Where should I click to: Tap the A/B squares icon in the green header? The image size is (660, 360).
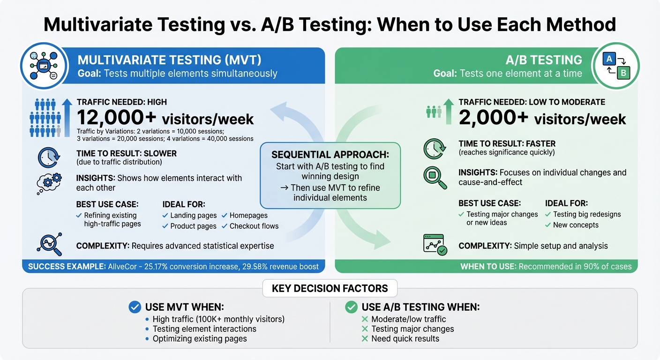coord(616,66)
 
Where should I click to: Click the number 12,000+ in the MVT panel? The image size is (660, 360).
coord(117,118)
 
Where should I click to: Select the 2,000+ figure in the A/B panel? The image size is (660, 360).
coord(494,118)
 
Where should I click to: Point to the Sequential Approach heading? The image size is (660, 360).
coord(330,155)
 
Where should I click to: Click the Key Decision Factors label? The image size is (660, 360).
coord(330,288)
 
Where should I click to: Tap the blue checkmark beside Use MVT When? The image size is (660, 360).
coord(135,307)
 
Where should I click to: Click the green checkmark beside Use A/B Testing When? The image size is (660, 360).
coord(351,307)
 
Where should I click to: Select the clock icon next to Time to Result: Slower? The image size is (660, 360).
coord(48,157)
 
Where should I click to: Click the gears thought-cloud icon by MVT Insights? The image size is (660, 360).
coord(48,183)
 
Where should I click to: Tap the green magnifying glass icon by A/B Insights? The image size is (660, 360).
coord(434,176)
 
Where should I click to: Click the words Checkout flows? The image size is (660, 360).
coord(254,226)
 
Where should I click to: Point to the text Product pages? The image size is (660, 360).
coord(193,226)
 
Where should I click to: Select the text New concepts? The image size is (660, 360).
coord(576,225)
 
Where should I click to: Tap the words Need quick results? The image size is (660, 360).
coord(405,338)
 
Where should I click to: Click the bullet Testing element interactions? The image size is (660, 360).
coord(204,329)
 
